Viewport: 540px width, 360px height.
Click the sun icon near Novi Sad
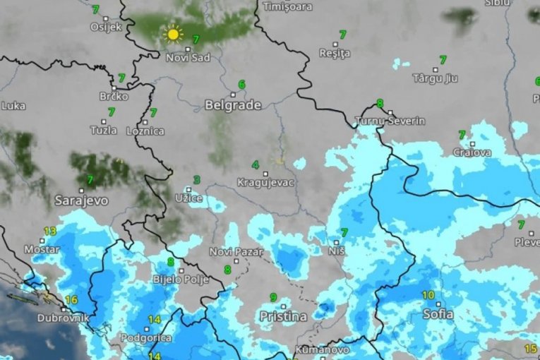click(173, 33)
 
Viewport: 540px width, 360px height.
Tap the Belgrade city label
click(233, 105)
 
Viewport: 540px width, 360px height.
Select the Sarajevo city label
click(82, 200)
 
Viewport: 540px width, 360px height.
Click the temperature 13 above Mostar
click(50, 231)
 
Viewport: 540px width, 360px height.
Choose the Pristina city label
click(283, 316)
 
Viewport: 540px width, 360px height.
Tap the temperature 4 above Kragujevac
click(256, 165)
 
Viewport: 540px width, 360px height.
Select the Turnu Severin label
click(392, 121)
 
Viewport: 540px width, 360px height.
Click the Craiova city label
click(472, 152)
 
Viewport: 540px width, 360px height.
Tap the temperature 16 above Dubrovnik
click(71, 300)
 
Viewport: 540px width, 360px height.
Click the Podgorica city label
click(147, 338)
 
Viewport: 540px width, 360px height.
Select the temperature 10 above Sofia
click(428, 295)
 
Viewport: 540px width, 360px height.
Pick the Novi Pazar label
click(236, 251)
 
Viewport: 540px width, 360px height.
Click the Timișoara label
click(287, 6)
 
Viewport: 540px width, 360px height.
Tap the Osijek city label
click(107, 27)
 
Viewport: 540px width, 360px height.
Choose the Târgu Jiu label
click(435, 78)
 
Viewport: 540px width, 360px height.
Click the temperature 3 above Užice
click(196, 180)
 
